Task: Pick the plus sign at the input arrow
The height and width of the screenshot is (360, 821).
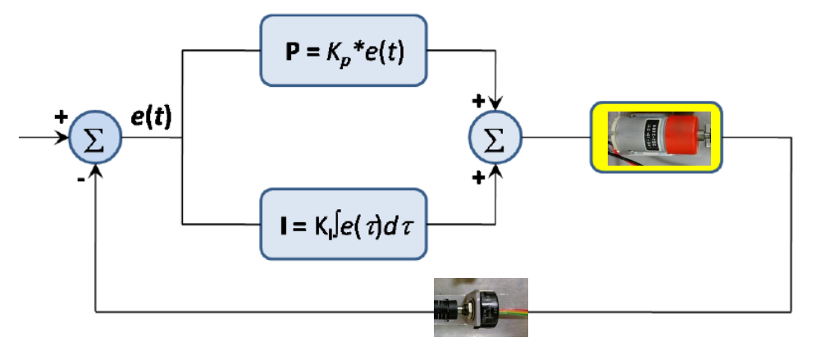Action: pos(60,117)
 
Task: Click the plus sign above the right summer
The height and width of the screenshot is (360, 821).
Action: pos(477,102)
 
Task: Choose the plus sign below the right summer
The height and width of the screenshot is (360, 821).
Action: pos(477,178)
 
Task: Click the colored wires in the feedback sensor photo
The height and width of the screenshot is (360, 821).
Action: pos(513,312)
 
